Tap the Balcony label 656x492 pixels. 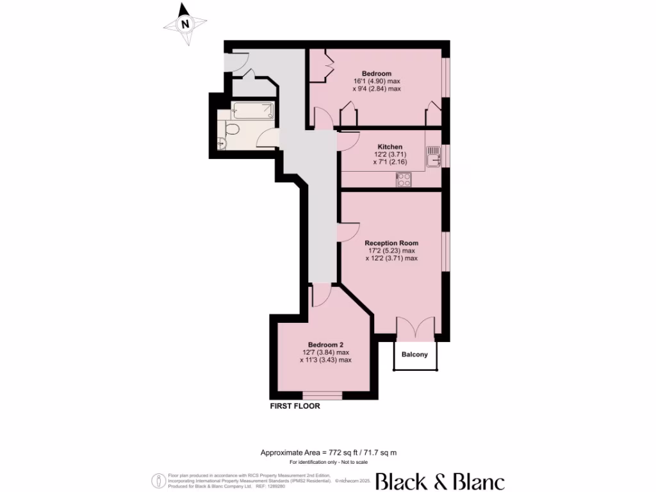[415, 354]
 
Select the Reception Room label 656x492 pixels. [391, 243]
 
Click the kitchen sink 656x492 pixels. [433, 157]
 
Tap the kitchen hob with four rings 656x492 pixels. [404, 180]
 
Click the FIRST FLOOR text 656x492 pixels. [295, 406]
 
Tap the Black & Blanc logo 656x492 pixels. [439, 481]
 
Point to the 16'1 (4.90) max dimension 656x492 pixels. [376, 81]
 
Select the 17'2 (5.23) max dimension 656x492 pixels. [391, 251]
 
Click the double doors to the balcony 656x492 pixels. [416, 327]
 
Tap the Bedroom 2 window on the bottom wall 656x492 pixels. [322, 395]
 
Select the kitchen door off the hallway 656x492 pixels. [348, 139]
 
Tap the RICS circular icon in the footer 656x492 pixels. [156, 480]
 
